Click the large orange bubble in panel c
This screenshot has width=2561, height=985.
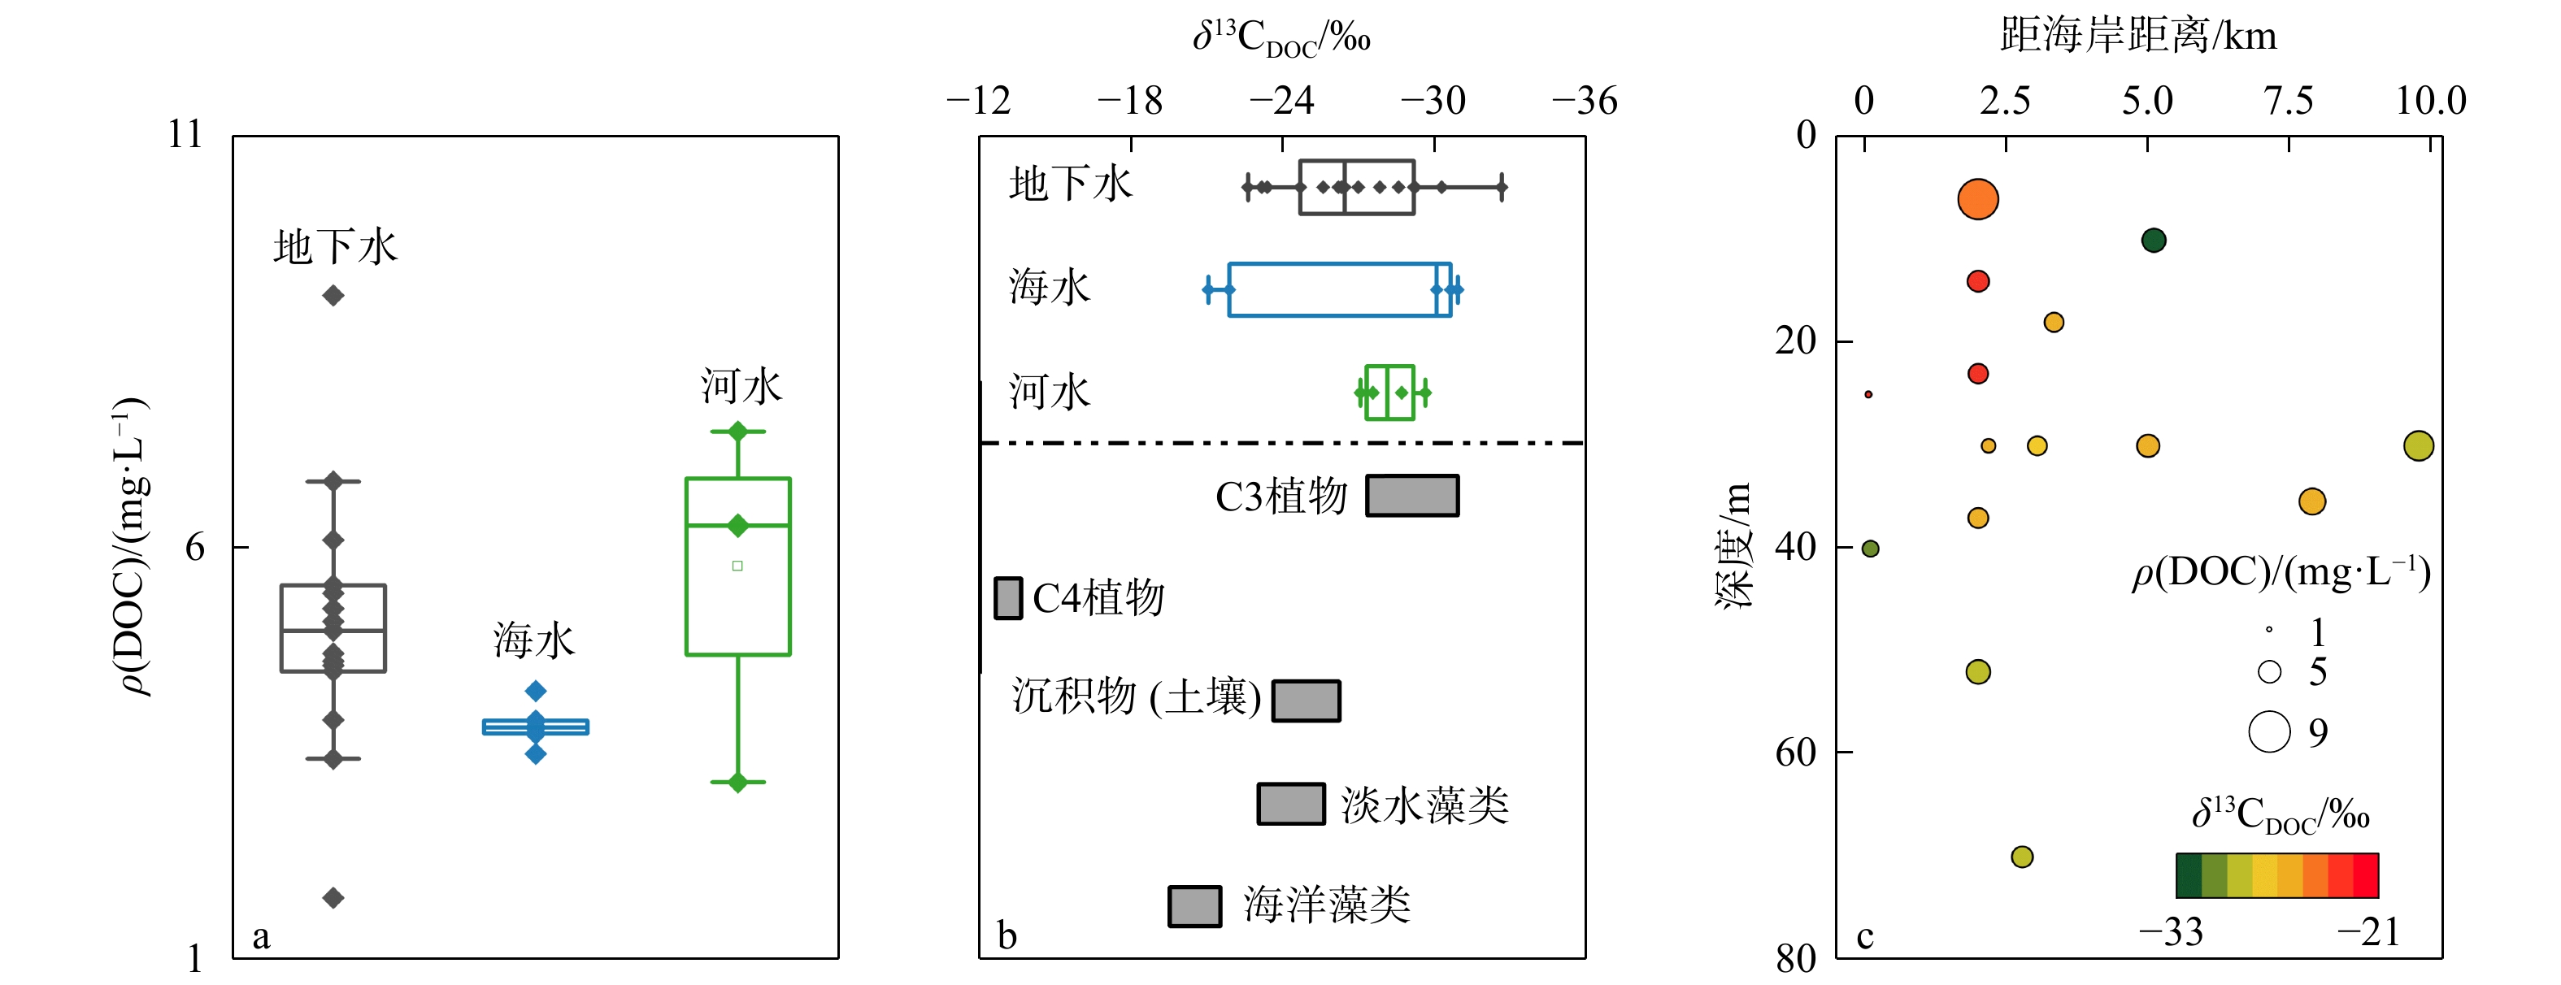click(x=1977, y=199)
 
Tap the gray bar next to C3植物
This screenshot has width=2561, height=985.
click(x=1411, y=495)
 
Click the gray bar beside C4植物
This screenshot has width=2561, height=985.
click(x=1008, y=598)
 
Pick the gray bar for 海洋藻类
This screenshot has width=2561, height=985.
click(x=1194, y=905)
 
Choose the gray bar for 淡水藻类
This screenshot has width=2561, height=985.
click(x=1290, y=803)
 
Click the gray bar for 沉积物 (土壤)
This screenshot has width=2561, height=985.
click(x=1307, y=700)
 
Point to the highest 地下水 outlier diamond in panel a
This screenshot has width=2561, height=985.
click(x=333, y=295)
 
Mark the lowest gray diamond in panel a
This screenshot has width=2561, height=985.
click(x=333, y=897)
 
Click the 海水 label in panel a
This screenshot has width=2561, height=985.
click(x=534, y=641)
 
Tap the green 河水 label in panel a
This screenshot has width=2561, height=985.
click(x=741, y=387)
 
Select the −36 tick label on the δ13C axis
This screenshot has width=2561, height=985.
click(x=1585, y=101)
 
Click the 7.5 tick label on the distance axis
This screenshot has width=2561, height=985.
click(x=2289, y=101)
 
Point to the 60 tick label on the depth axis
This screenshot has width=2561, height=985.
click(x=1798, y=753)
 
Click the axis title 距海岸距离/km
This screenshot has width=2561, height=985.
click(x=2137, y=37)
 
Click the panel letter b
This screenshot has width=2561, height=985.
click(x=1007, y=935)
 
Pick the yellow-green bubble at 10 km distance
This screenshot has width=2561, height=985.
click(x=2418, y=445)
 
